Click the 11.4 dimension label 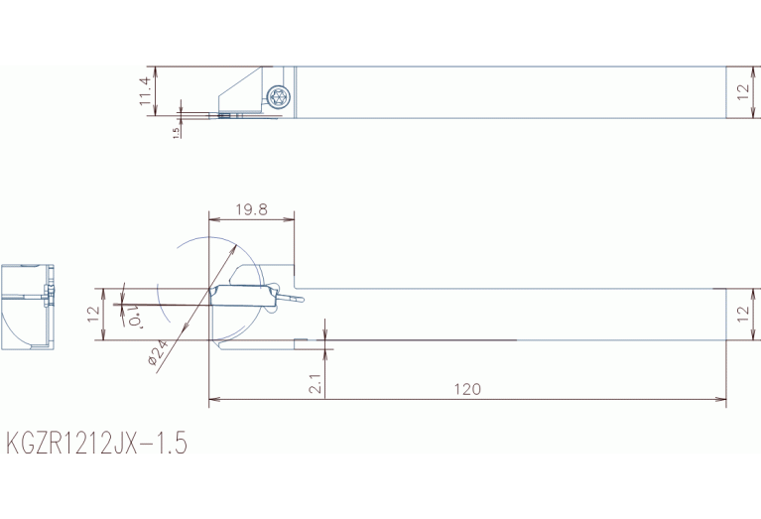146,91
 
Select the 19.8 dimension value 251,209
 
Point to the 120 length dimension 467,389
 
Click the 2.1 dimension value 316,384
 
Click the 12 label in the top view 743,91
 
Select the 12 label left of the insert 94,315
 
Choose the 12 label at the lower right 743,315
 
